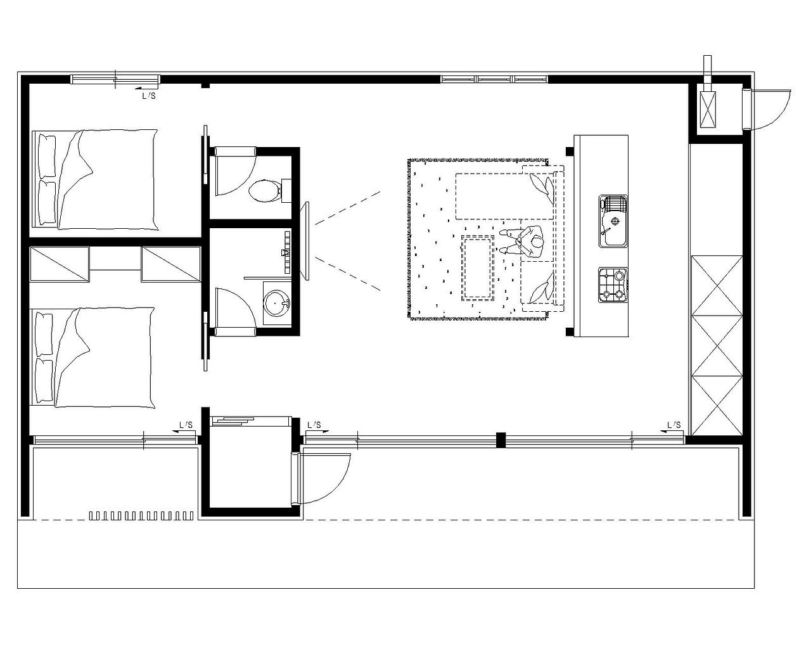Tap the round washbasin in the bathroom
coord(277,303)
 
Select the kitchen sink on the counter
coord(613,221)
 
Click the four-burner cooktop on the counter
coord(613,285)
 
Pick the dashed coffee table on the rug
coord(478,267)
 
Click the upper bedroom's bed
coord(95,179)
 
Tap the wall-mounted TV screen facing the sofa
coord(307,241)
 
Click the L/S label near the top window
coord(149,96)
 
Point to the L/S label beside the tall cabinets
coord(674,425)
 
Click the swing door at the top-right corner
coord(766,110)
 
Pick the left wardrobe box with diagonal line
coord(60,264)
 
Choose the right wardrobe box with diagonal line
coord(171,264)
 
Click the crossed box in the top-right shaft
coord(708,110)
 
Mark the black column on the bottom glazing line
coord(501,440)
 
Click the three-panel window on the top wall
coord(494,79)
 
